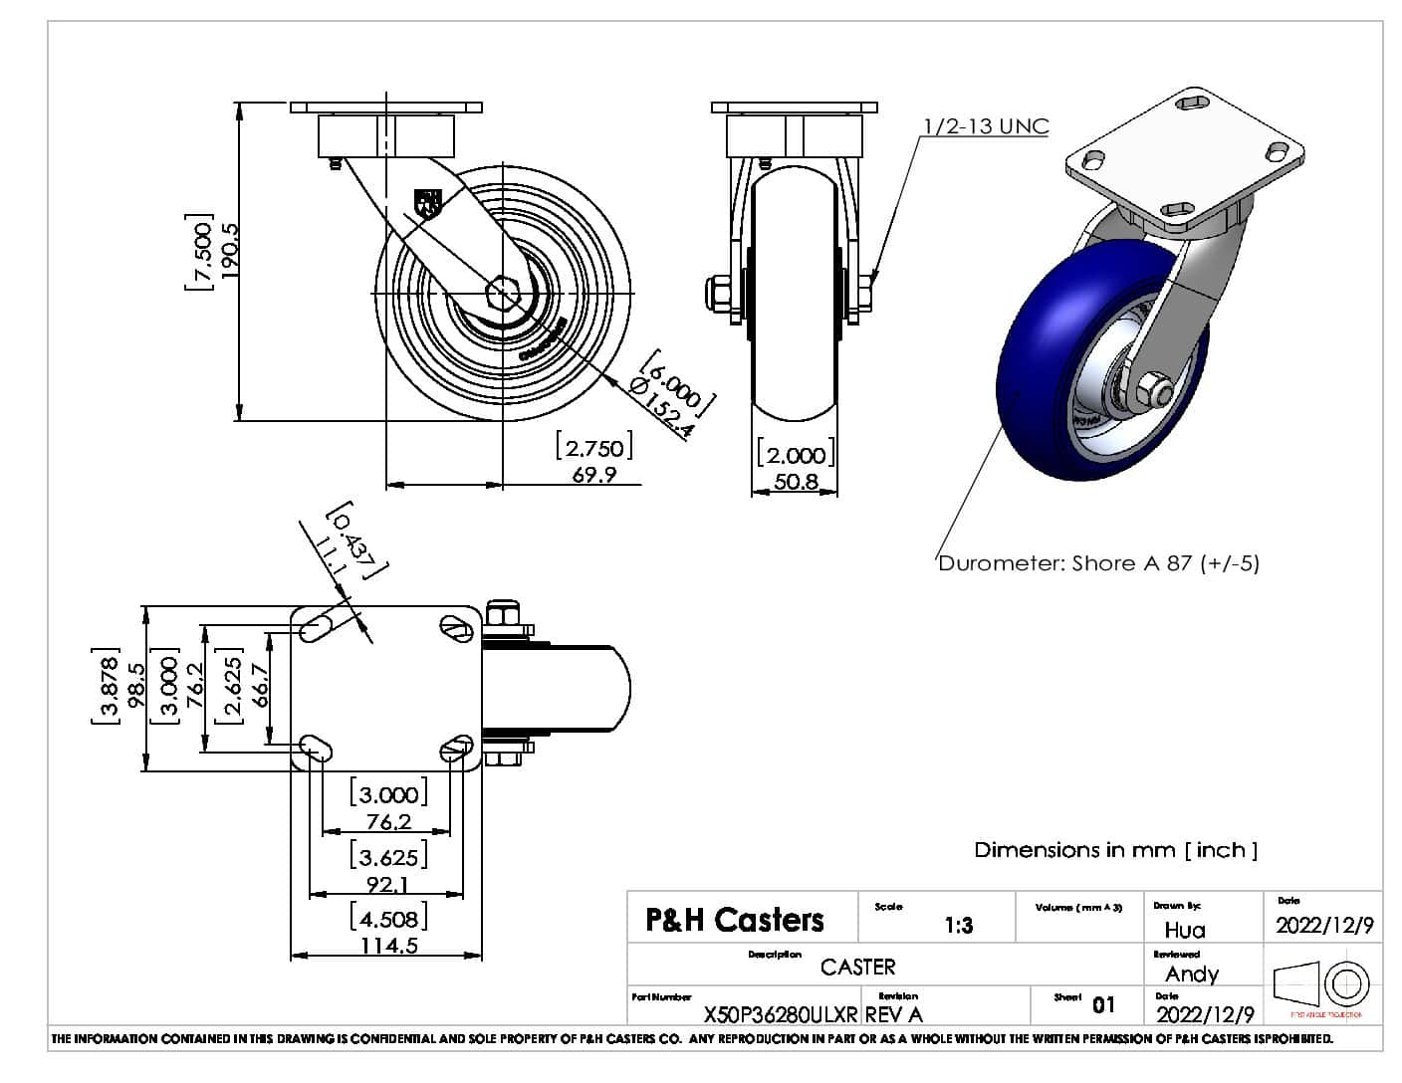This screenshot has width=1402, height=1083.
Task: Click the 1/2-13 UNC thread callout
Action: [986, 126]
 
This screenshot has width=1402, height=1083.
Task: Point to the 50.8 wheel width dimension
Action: [795, 483]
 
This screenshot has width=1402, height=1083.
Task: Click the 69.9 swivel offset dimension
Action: [593, 475]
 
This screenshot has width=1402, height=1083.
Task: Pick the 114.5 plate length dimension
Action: [388, 945]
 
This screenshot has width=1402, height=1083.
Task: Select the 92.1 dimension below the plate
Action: [386, 884]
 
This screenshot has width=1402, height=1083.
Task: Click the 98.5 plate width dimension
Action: [136, 687]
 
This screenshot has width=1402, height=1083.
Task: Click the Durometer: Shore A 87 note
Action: [1098, 563]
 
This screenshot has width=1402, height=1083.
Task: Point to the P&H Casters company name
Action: [735, 919]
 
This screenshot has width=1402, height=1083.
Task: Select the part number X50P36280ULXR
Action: [781, 1014]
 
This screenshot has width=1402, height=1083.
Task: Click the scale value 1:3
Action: [958, 926]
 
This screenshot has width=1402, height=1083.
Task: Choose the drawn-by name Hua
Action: [1185, 930]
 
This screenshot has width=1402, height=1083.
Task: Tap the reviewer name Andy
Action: [1191, 974]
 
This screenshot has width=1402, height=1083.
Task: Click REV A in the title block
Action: [893, 1014]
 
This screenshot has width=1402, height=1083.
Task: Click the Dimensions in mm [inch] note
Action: [1115, 850]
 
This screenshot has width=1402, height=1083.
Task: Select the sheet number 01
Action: [1103, 1004]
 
